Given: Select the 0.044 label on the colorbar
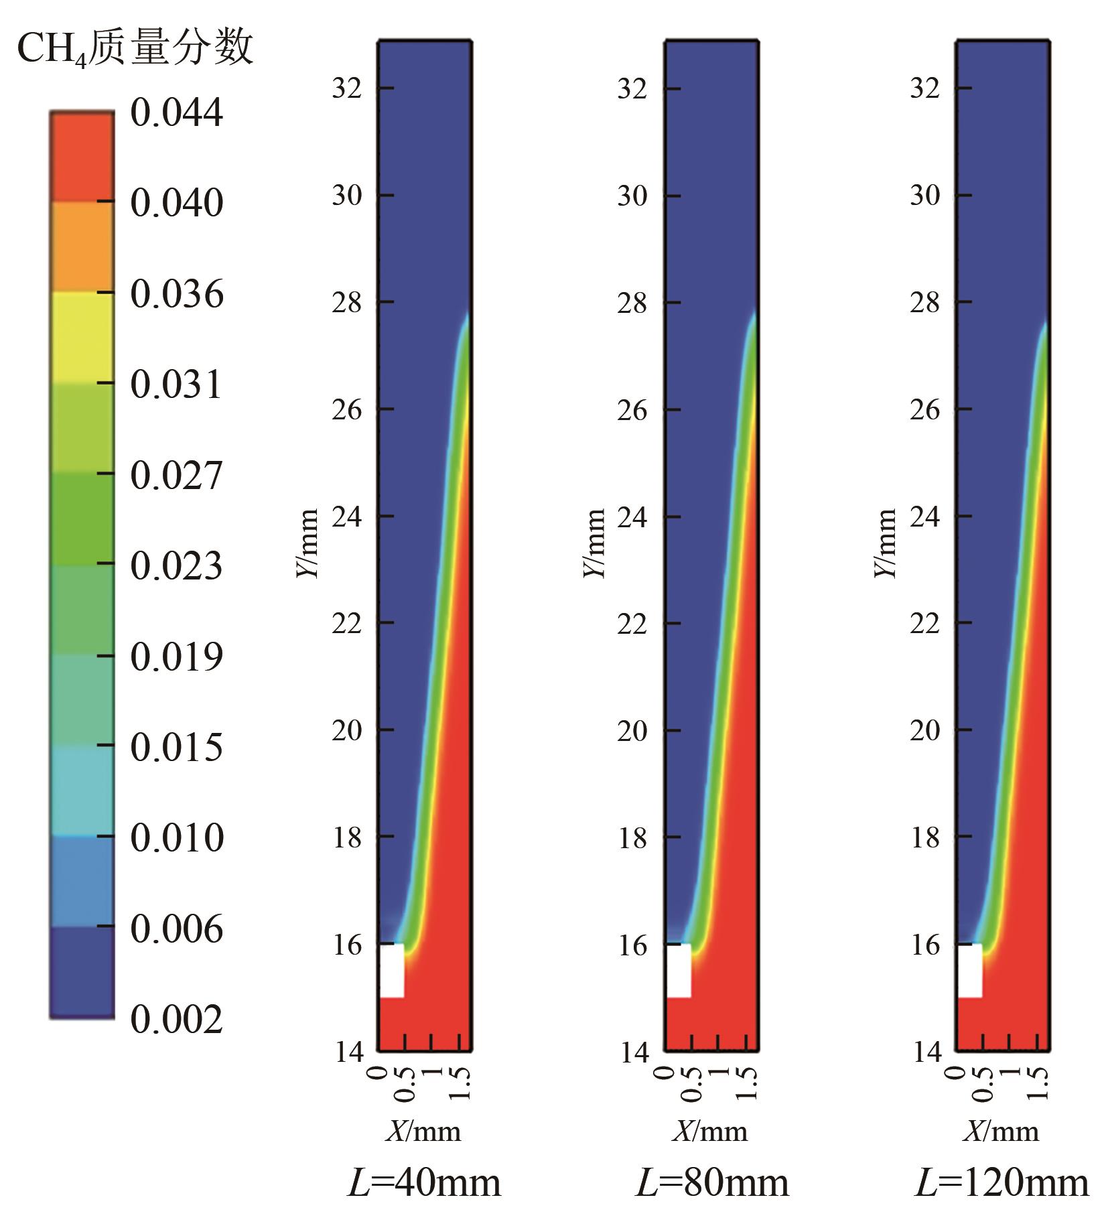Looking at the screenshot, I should point(176,112).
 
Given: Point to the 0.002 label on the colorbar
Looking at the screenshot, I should point(176,1019).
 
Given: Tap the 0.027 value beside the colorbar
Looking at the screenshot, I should point(176,476).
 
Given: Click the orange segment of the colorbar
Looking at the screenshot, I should point(82,246).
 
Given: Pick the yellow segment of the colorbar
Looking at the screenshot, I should point(82,337).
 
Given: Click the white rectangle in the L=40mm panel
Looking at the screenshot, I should point(392,970).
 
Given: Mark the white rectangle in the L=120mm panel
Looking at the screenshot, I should point(969,970).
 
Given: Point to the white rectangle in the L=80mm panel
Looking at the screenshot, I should point(679,970).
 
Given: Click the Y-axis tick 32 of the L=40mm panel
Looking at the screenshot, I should point(347,88).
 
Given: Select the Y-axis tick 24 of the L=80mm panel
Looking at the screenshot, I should point(632,517).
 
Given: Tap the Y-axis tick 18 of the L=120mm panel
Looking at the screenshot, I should point(925,837).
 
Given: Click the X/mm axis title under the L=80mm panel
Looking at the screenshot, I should point(710,1132).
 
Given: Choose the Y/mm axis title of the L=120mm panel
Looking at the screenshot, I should point(886,543).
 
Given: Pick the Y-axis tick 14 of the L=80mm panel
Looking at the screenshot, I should point(632,1052).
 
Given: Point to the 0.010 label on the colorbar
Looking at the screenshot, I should point(176,837).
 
